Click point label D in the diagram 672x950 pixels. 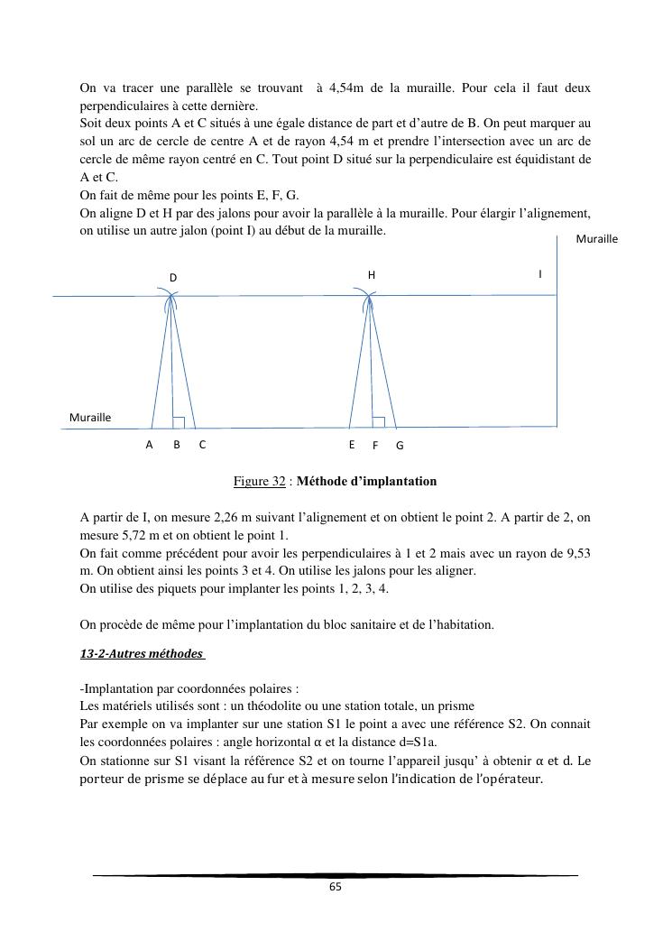coord(173,278)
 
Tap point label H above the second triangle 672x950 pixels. coord(371,274)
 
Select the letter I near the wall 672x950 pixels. coord(540,273)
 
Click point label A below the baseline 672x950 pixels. coord(150,445)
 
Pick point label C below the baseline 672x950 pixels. coord(203,445)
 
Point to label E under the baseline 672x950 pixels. coord(352,445)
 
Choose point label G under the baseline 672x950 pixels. coord(400,446)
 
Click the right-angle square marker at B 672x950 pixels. coord(179,422)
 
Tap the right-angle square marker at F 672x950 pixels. coord(379,422)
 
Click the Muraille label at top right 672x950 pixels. coord(596,239)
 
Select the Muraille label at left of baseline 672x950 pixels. coord(90,418)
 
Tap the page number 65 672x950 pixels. coord(336,887)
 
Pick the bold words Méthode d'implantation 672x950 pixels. coord(366,482)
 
